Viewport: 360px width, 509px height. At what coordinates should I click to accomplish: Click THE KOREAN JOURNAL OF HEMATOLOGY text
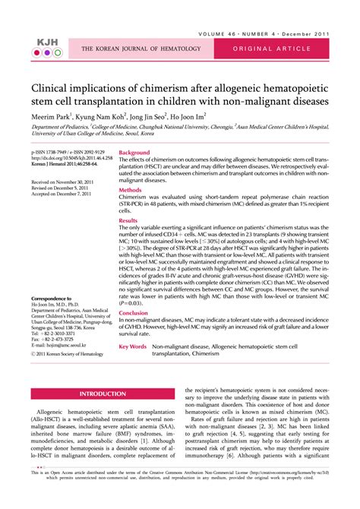(x=142, y=50)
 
